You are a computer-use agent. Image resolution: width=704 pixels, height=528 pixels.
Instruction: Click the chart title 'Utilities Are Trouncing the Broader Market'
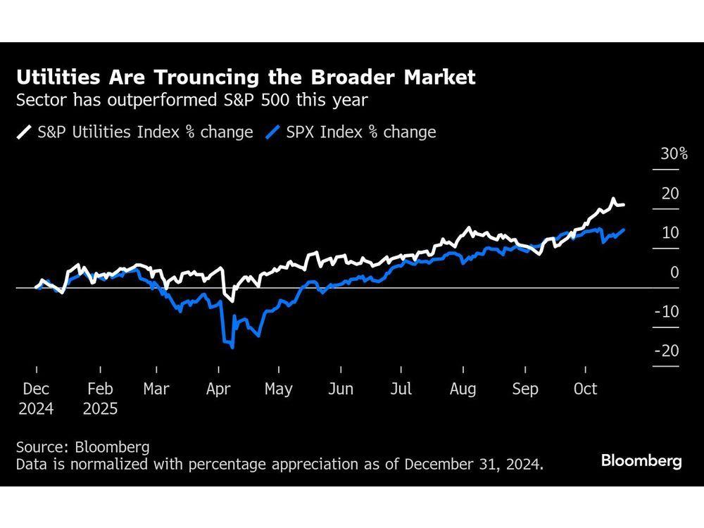[246, 77]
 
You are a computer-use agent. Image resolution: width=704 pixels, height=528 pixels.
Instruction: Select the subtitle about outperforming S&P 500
[191, 100]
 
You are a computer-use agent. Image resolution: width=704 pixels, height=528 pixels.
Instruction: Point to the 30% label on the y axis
[674, 154]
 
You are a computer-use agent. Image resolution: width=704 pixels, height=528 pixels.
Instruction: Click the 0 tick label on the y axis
[674, 272]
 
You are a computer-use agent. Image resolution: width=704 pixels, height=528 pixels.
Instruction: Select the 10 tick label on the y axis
[670, 233]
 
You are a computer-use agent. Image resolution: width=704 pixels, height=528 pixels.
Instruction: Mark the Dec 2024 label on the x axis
[36, 398]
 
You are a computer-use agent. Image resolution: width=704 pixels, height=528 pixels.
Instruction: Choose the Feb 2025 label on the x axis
[100, 398]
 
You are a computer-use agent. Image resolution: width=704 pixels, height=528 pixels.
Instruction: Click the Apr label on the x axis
[219, 389]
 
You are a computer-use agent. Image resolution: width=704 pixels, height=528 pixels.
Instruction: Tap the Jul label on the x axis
[401, 389]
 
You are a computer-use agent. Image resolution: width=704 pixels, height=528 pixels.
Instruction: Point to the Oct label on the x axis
[586, 389]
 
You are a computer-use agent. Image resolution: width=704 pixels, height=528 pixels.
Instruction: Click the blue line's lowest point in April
[232, 347]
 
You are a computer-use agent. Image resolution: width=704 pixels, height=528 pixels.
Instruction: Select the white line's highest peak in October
[613, 199]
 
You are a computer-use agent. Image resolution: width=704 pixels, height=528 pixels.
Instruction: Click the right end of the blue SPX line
[624, 230]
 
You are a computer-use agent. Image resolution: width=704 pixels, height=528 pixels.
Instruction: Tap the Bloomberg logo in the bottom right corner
[641, 461]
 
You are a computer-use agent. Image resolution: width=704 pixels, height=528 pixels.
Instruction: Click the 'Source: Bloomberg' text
[82, 447]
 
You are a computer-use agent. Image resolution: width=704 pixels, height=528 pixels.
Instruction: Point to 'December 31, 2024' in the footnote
[478, 465]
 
